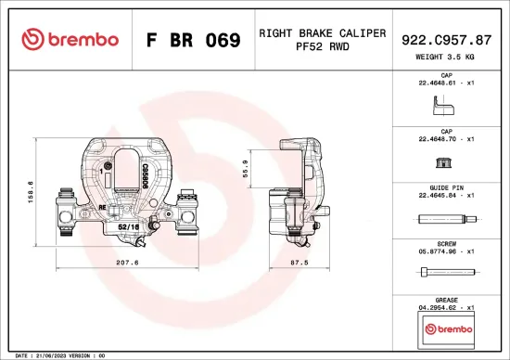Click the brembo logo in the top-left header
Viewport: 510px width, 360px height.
pos(70,40)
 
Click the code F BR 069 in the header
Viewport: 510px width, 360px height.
pos(193,41)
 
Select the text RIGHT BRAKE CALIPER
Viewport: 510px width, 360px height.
pos(322,32)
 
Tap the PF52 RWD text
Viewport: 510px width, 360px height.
pos(322,48)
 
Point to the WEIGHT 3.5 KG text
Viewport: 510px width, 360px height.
pos(446,57)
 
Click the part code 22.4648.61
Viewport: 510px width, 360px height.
pos(445,82)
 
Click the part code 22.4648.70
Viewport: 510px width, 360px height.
pos(445,138)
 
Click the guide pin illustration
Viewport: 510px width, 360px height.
pos(446,220)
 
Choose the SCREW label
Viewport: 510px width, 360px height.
pos(446,242)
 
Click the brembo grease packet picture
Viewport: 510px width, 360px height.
pos(446,328)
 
